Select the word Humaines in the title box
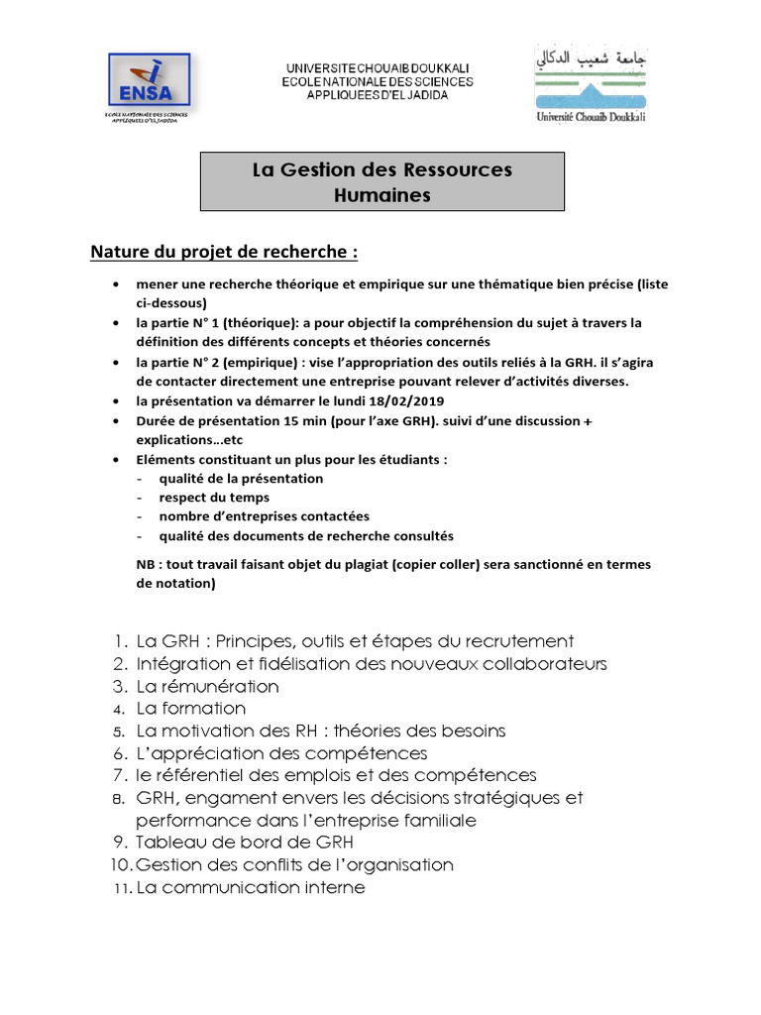click(382, 195)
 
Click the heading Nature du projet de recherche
click(224, 252)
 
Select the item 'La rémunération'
click(207, 686)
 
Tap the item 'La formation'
click(190, 709)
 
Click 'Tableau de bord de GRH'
click(244, 843)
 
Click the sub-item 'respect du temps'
click(214, 498)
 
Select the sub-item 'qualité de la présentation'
click(241, 478)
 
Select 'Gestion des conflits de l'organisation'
click(294, 865)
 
